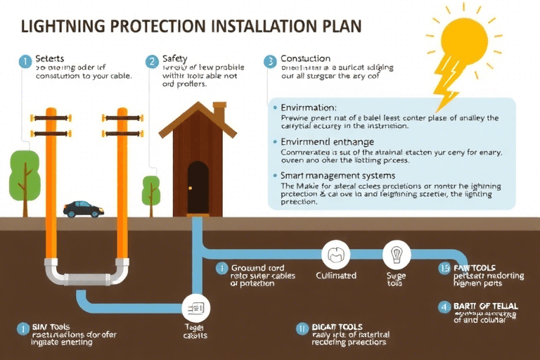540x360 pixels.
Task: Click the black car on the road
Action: [83, 209]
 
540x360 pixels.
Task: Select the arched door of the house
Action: [198, 186]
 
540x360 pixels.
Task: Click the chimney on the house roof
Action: [219, 112]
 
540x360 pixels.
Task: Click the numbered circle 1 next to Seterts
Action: [25, 61]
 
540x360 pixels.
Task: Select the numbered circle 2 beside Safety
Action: [151, 61]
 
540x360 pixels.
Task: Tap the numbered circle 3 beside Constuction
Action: [270, 61]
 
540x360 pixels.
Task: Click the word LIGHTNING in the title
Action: [64, 27]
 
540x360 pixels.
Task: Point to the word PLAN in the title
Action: [340, 27]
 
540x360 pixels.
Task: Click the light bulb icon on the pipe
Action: [396, 253]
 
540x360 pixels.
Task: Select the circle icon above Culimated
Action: [335, 254]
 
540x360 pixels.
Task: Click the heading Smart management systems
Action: [337, 175]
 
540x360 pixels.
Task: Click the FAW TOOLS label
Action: [476, 268]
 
